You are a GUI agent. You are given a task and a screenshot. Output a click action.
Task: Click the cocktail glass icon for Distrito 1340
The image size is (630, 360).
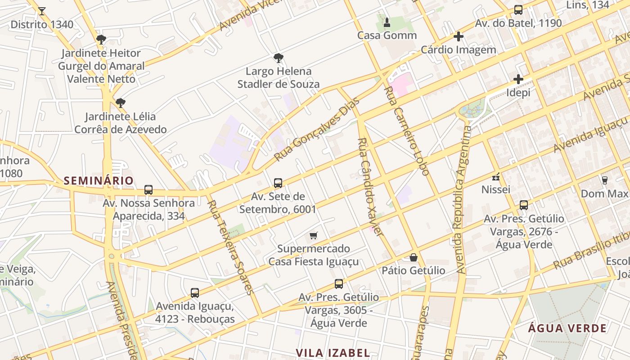[x=42, y=11]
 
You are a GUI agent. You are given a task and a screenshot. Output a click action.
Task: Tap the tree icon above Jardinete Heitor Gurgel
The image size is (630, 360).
[x=101, y=40]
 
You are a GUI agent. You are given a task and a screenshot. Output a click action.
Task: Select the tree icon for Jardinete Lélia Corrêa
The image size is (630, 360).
[x=120, y=103]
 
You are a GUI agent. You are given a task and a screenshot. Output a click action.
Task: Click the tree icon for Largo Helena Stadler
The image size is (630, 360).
[x=279, y=58]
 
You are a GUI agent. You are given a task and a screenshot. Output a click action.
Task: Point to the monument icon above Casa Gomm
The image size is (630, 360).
[x=387, y=22]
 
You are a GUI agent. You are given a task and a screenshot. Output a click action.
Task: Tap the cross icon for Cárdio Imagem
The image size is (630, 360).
[x=459, y=36]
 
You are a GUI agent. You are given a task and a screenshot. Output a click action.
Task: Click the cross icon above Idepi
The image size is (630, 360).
[x=518, y=80]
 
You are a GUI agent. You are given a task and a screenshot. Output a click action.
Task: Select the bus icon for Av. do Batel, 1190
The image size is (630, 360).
[x=518, y=10]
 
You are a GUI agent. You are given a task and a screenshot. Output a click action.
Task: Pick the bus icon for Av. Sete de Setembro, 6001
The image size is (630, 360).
[x=278, y=183]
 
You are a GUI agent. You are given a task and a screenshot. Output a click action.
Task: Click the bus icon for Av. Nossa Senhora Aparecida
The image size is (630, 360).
[x=148, y=190]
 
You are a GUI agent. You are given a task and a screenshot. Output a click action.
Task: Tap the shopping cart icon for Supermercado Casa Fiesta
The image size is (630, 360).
[x=314, y=235]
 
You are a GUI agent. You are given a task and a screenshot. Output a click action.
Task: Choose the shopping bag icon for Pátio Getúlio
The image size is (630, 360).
[x=414, y=257]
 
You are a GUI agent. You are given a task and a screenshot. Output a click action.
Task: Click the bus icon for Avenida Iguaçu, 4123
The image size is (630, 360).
[x=195, y=293]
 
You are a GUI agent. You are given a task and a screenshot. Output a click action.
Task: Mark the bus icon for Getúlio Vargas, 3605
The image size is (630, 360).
[x=339, y=284]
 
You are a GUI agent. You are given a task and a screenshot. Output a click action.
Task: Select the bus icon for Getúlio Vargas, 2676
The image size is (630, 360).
[x=524, y=205]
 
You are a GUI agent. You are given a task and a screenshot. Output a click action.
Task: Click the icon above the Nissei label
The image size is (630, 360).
[x=496, y=176]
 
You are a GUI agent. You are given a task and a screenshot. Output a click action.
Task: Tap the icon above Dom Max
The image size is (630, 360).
[x=604, y=180]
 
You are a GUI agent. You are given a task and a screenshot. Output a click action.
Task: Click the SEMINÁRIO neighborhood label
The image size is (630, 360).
[x=99, y=181]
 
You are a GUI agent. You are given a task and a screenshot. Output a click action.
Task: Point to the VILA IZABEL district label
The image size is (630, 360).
[x=333, y=353]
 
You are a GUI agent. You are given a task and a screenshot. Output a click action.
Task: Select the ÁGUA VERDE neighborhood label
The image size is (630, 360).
[x=567, y=328]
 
